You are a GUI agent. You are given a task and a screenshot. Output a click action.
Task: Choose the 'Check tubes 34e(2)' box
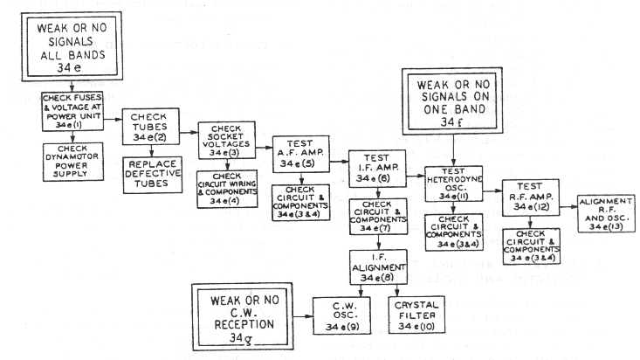click(155, 128)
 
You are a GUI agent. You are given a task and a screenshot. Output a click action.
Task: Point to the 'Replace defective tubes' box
click(154, 174)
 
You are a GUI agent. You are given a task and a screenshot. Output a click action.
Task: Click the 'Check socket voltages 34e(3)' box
click(226, 140)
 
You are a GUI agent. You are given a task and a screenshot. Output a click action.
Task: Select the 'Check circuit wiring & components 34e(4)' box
click(226, 188)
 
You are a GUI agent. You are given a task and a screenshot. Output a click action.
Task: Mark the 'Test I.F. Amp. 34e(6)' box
click(376, 167)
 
